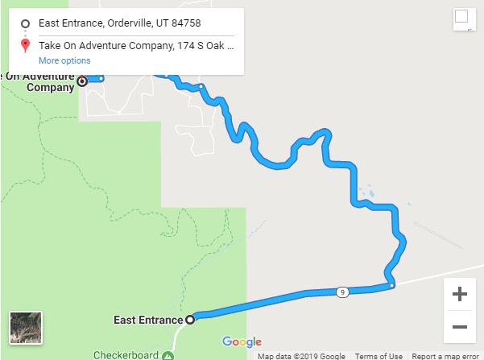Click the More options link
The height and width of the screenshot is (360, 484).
point(64,60)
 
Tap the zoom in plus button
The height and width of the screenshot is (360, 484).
point(460,295)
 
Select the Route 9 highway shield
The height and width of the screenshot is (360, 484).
point(342,292)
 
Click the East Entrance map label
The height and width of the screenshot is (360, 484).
point(149,320)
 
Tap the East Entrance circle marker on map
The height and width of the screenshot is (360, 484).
point(190,320)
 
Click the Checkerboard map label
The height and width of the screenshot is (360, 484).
point(126,355)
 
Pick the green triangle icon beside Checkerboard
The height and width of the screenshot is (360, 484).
point(168,355)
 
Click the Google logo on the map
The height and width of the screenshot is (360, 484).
point(242,341)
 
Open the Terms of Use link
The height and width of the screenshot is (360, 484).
point(379,356)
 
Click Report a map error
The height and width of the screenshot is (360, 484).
point(447,356)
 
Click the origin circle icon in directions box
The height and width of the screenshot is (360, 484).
point(26,23)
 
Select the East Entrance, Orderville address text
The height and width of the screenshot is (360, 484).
point(125,23)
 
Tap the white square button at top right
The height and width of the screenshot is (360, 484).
point(461,17)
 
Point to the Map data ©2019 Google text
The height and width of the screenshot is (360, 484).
point(301,356)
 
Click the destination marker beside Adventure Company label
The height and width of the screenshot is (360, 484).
point(81,81)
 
